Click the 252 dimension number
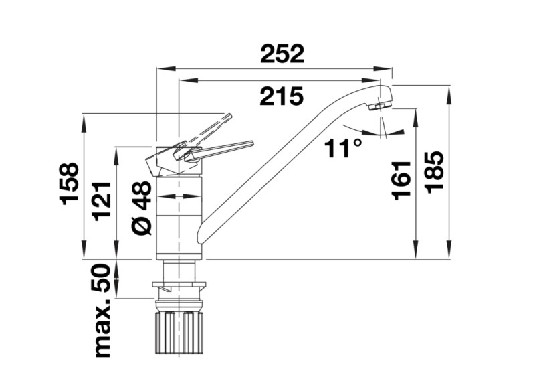(x=282, y=54)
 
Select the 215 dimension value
(x=282, y=96)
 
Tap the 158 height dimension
(x=70, y=183)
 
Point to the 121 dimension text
(x=102, y=201)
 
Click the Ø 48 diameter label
(x=142, y=208)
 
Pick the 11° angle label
(x=342, y=148)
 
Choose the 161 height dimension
(x=401, y=180)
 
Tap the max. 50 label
(x=102, y=310)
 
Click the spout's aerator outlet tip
(x=379, y=107)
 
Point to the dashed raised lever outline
(x=204, y=131)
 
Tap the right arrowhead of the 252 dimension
(x=383, y=68)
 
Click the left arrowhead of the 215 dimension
(x=189, y=80)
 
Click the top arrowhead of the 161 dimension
(x=416, y=119)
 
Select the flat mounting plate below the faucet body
(x=179, y=285)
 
